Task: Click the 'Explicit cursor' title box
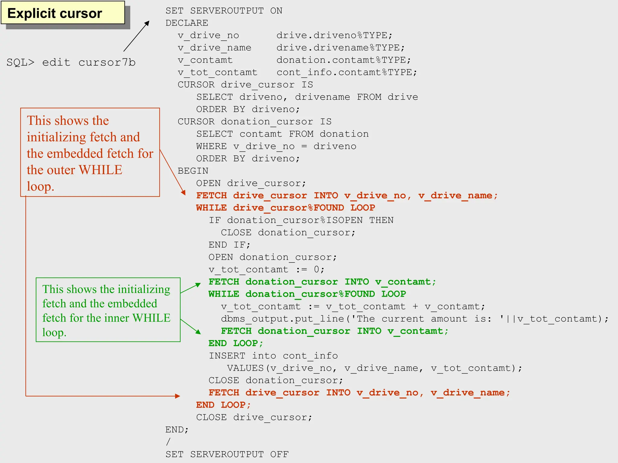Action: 63,13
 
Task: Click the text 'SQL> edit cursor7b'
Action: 71,62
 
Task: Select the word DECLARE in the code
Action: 187,23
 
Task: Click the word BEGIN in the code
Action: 193,171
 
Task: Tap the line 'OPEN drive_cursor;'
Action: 251,183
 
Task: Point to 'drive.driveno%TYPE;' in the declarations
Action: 334,35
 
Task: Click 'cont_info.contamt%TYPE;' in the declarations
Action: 347,72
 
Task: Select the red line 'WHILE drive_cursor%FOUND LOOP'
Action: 285,208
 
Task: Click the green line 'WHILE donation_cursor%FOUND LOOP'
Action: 307,294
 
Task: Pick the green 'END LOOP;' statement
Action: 236,343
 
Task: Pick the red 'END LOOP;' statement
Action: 223,405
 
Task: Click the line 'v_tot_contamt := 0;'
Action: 266,269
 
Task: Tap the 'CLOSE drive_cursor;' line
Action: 254,417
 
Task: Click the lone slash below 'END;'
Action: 168,442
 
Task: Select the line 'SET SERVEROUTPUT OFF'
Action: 227,454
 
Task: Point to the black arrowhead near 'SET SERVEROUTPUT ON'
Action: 147,23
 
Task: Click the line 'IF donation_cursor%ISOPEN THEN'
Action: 301,220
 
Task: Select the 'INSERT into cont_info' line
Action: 273,356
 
